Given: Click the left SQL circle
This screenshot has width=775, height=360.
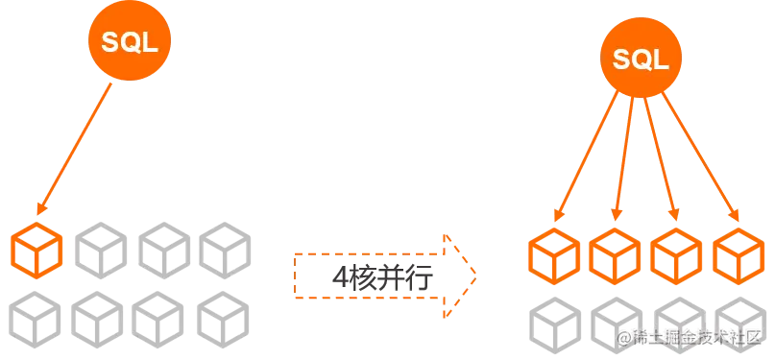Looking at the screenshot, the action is click(x=130, y=40).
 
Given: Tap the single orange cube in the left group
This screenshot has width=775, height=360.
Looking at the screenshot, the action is click(x=36, y=251).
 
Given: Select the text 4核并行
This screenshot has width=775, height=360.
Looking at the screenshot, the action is click(x=382, y=278).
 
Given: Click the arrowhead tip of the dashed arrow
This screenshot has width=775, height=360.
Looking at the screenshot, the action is click(x=476, y=276).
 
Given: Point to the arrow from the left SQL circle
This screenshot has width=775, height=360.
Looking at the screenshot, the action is click(x=74, y=149).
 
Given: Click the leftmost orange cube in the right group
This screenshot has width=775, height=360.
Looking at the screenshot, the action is click(x=554, y=255).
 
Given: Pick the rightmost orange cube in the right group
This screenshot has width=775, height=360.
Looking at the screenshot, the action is click(x=739, y=255).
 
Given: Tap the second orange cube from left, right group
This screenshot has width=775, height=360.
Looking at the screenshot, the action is click(x=615, y=255).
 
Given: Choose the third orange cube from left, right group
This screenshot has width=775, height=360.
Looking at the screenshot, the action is click(x=676, y=255).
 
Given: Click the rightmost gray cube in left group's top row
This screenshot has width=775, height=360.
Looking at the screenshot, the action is click(x=225, y=251).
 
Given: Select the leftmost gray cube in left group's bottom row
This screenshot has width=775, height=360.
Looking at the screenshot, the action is click(x=35, y=320).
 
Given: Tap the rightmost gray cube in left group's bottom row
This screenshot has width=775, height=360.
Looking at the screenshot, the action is click(x=223, y=320).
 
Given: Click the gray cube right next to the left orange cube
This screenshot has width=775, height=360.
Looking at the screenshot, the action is click(x=101, y=251).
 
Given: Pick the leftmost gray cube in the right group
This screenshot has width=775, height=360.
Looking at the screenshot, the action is click(x=555, y=324).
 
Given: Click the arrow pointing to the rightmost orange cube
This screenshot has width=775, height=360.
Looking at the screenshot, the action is click(x=700, y=157).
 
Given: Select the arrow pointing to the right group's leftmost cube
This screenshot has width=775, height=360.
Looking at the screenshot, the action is click(x=586, y=156).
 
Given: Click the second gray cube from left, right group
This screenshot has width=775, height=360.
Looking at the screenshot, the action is click(x=617, y=324).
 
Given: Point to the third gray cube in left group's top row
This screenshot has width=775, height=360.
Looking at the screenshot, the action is click(x=164, y=251).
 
